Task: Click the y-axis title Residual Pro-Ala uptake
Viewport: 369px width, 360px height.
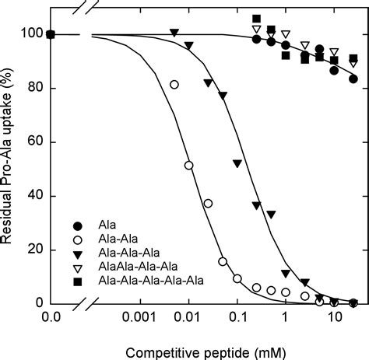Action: coord(9,156)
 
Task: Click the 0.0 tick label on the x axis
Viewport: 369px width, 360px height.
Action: coord(51,317)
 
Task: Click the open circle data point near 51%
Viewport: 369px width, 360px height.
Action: coord(188,166)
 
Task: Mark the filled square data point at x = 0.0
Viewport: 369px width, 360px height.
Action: coord(51,34)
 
